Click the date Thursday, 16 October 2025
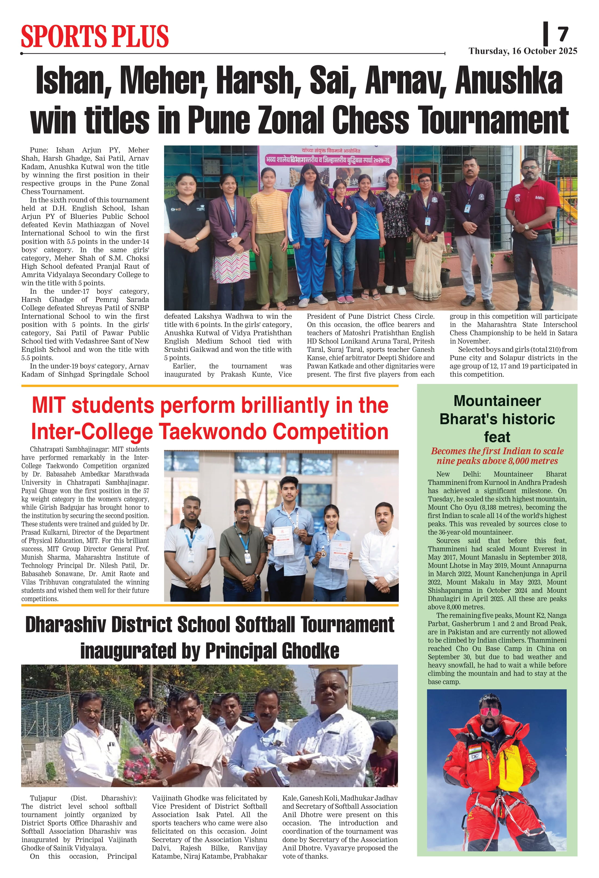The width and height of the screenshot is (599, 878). pos(522,51)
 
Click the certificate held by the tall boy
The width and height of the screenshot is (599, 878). pos(283,541)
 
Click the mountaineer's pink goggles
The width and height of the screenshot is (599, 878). pos(490,712)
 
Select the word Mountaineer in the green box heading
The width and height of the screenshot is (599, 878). pos(497,401)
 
